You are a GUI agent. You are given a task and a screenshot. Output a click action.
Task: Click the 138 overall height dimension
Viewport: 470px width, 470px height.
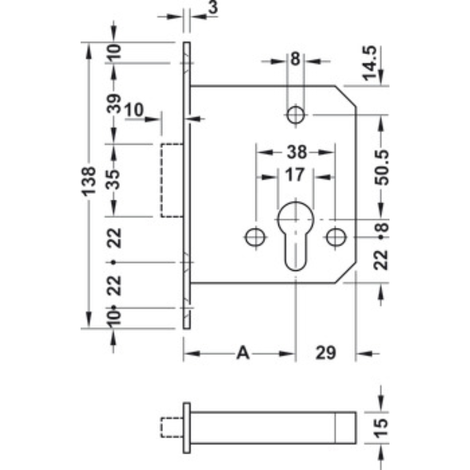click(89, 182)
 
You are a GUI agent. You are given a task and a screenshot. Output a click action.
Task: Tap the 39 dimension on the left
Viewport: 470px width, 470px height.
click(114, 103)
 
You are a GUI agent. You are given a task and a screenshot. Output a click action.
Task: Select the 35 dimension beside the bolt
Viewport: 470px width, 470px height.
click(114, 179)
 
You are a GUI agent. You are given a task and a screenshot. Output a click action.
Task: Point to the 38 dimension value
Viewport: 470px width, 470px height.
click(297, 152)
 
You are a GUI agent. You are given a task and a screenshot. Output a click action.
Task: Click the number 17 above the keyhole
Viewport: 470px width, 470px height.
click(295, 175)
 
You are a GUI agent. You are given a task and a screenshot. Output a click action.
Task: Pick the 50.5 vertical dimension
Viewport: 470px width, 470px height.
click(382, 168)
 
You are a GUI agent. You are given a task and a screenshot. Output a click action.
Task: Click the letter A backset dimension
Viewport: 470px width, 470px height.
click(243, 353)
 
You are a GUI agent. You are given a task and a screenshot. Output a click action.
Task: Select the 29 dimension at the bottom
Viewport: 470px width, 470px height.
click(325, 353)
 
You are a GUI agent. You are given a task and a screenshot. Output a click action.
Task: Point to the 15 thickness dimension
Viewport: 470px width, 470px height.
click(381, 428)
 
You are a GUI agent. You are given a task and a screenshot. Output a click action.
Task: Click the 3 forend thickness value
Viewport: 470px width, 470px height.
click(213, 6)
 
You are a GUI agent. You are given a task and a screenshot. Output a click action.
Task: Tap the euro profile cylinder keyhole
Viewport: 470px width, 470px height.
click(296, 236)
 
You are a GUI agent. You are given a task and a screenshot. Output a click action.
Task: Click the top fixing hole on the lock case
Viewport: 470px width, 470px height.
click(296, 115)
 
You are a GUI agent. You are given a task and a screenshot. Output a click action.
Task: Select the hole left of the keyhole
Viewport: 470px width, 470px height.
click(256, 237)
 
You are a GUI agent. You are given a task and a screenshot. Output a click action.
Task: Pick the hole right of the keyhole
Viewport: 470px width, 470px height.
click(336, 237)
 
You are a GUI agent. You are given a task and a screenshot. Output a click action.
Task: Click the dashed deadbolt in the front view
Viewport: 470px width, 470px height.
click(172, 180)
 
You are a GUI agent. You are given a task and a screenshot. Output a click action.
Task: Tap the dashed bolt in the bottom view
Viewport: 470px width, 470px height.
click(172, 428)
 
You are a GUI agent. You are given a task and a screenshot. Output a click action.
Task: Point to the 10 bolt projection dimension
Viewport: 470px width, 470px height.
click(134, 109)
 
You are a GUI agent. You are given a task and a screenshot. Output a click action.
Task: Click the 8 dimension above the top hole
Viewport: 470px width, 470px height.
click(296, 59)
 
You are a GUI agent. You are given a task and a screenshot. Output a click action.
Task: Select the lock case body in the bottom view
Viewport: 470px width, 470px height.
click(273, 428)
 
